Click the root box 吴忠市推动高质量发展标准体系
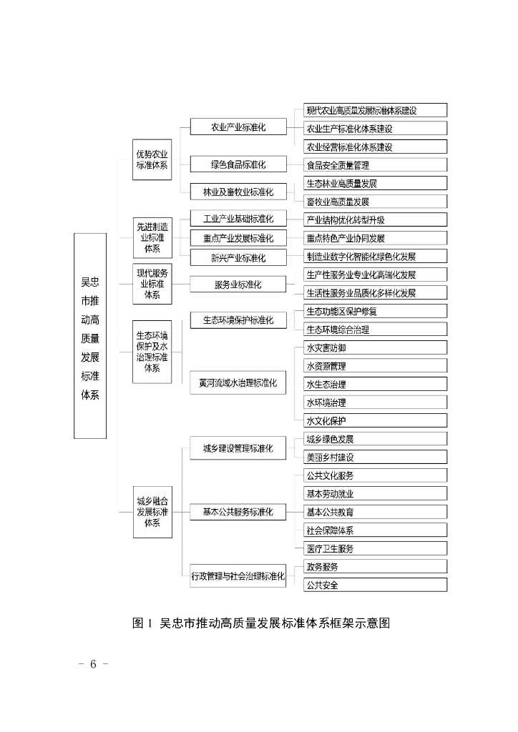(90, 335)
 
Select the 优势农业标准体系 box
(152, 159)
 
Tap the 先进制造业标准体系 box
(152, 237)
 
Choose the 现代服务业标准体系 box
(152, 283)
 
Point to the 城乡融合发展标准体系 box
(152, 512)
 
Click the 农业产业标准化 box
(238, 127)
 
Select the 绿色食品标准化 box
(238, 164)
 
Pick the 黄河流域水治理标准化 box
(238, 383)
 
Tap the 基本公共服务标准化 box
(238, 512)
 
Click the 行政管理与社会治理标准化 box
(238, 575)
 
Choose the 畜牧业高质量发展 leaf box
(375, 202)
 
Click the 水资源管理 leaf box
(375, 366)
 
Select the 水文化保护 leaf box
(375, 420)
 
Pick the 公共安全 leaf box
(375, 585)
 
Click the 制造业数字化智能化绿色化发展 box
(375, 256)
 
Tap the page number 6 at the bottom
(93, 663)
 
